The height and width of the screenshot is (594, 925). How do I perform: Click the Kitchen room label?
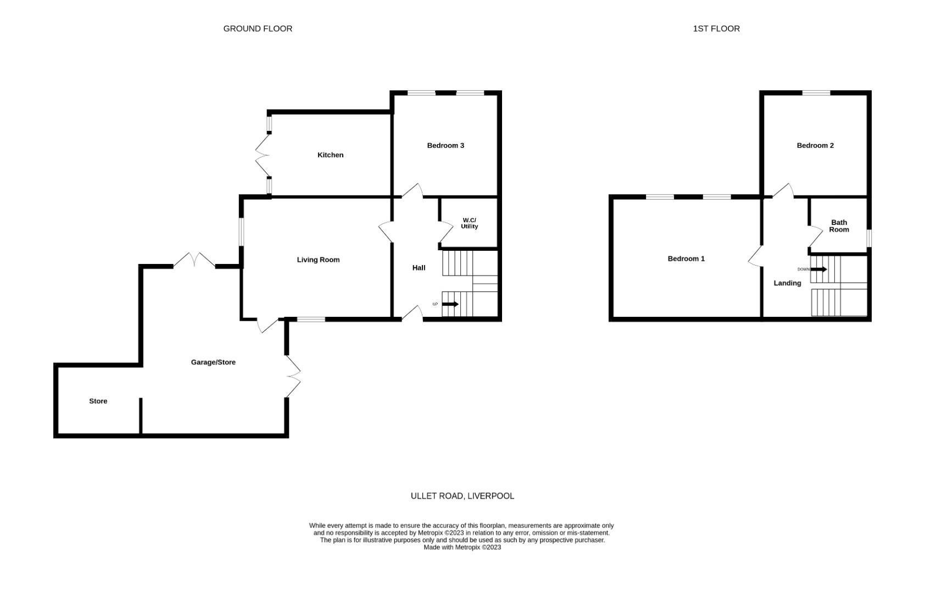pos(330,155)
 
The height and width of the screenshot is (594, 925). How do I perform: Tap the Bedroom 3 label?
pos(445,146)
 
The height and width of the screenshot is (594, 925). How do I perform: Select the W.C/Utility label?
pos(469,223)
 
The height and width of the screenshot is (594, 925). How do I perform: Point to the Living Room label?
pos(318,260)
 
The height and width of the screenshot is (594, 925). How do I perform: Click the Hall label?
pos(419,268)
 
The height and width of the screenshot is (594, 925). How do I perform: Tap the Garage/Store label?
pos(213,362)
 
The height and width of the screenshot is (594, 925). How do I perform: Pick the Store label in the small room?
pos(98,402)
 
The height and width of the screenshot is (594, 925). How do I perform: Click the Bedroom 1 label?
pos(686,258)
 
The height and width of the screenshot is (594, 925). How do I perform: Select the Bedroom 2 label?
pos(815,146)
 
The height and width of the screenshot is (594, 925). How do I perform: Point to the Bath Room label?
pos(839,226)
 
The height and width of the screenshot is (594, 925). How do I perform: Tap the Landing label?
pos(787,283)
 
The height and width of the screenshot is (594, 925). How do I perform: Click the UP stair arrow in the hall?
pos(450,304)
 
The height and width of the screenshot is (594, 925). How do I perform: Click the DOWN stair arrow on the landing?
pos(819,269)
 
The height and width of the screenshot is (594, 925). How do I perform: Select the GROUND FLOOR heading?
pos(258,29)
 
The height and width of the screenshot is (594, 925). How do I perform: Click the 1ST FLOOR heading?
pos(716,29)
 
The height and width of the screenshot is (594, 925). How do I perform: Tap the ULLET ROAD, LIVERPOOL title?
pos(462,496)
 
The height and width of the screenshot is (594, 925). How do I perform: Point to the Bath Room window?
pos(869,238)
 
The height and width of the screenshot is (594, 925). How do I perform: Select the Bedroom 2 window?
pos(816,93)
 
